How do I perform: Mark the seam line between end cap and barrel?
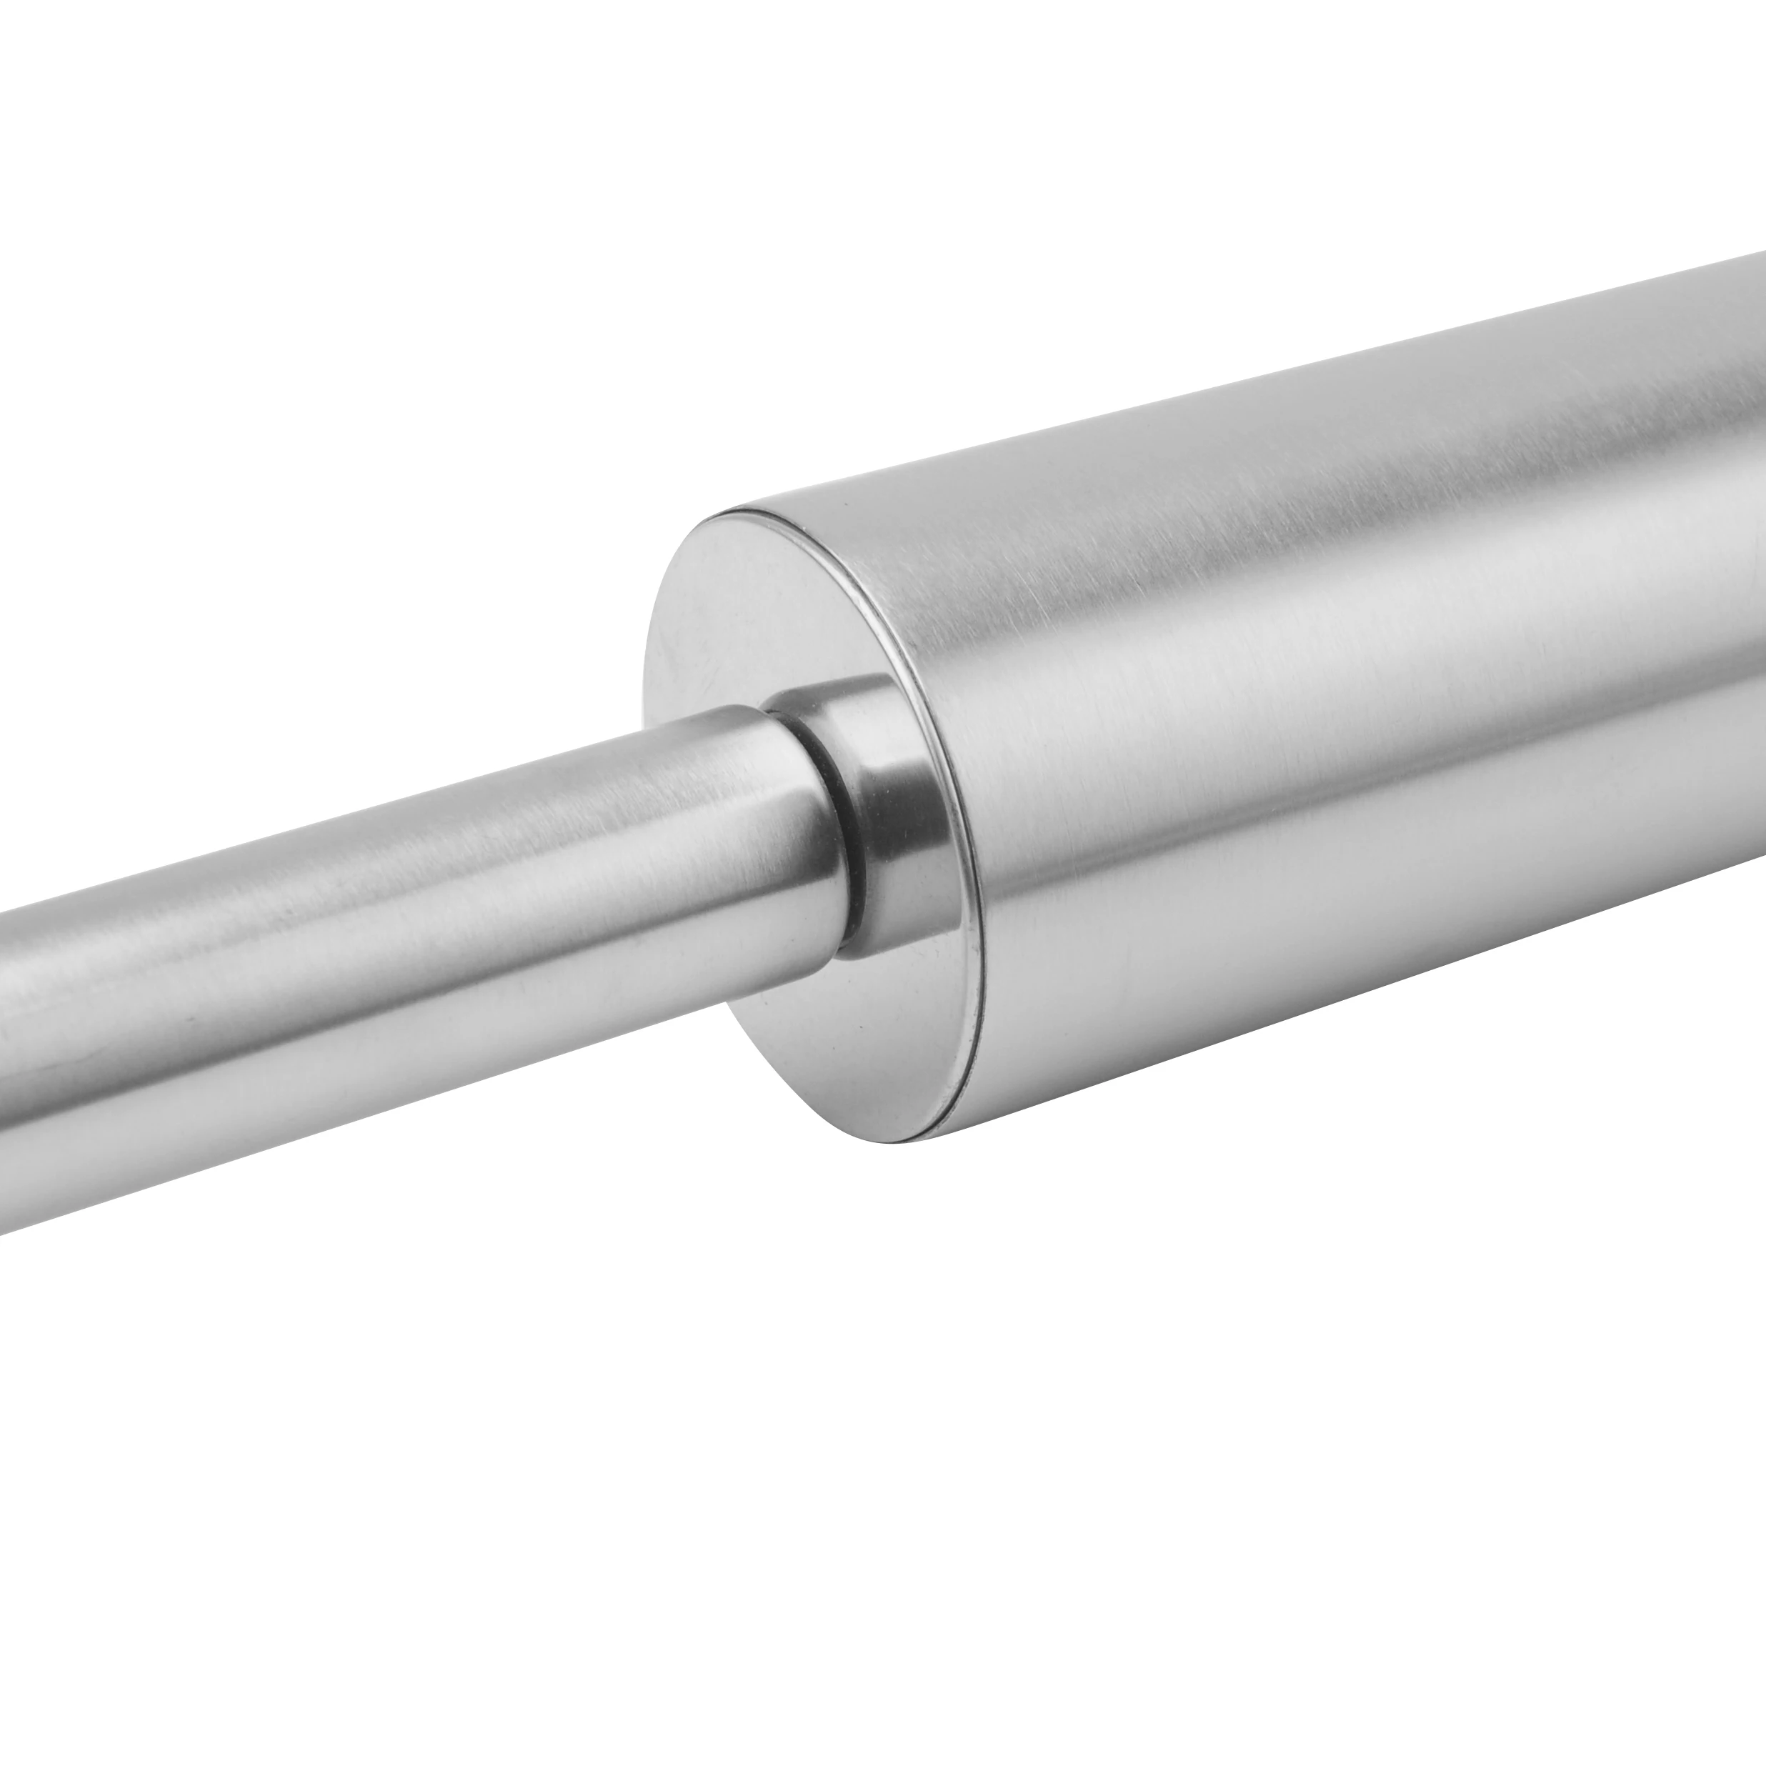pyautogui.click(x=951, y=823)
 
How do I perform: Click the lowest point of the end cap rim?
pyautogui.click(x=900, y=1141)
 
